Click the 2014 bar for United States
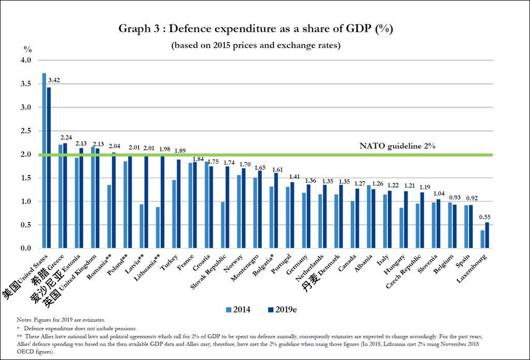coord(44,161)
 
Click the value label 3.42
coord(54,80)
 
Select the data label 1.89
coord(180,151)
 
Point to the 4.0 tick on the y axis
coord(25,60)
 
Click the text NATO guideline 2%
coord(398,146)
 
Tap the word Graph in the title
coord(135,28)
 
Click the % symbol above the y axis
coord(27,49)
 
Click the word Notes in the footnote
coord(24,320)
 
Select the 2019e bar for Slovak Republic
coord(227,207)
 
